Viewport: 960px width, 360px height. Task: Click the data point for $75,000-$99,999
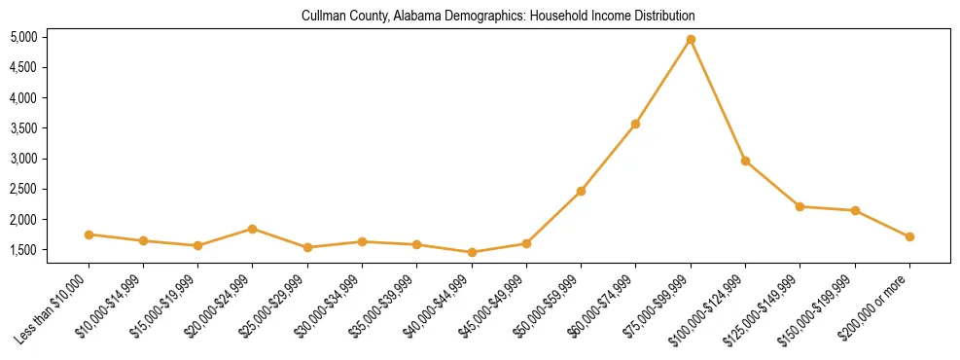[x=691, y=40]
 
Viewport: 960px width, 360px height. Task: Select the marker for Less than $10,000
[x=89, y=234]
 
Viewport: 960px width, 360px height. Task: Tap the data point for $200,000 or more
[x=909, y=236]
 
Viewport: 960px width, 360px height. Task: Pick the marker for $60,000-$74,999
[x=635, y=124]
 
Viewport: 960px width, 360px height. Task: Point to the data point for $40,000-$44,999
[x=472, y=252]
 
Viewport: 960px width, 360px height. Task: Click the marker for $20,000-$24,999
[x=252, y=229]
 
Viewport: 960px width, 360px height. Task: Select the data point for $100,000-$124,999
[x=745, y=161]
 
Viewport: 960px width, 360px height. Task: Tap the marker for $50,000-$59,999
[x=581, y=191]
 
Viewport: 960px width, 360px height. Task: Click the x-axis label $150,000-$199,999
[x=819, y=306]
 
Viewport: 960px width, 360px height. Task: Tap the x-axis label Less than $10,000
[x=53, y=307]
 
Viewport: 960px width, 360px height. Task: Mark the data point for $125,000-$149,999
[x=800, y=206]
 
